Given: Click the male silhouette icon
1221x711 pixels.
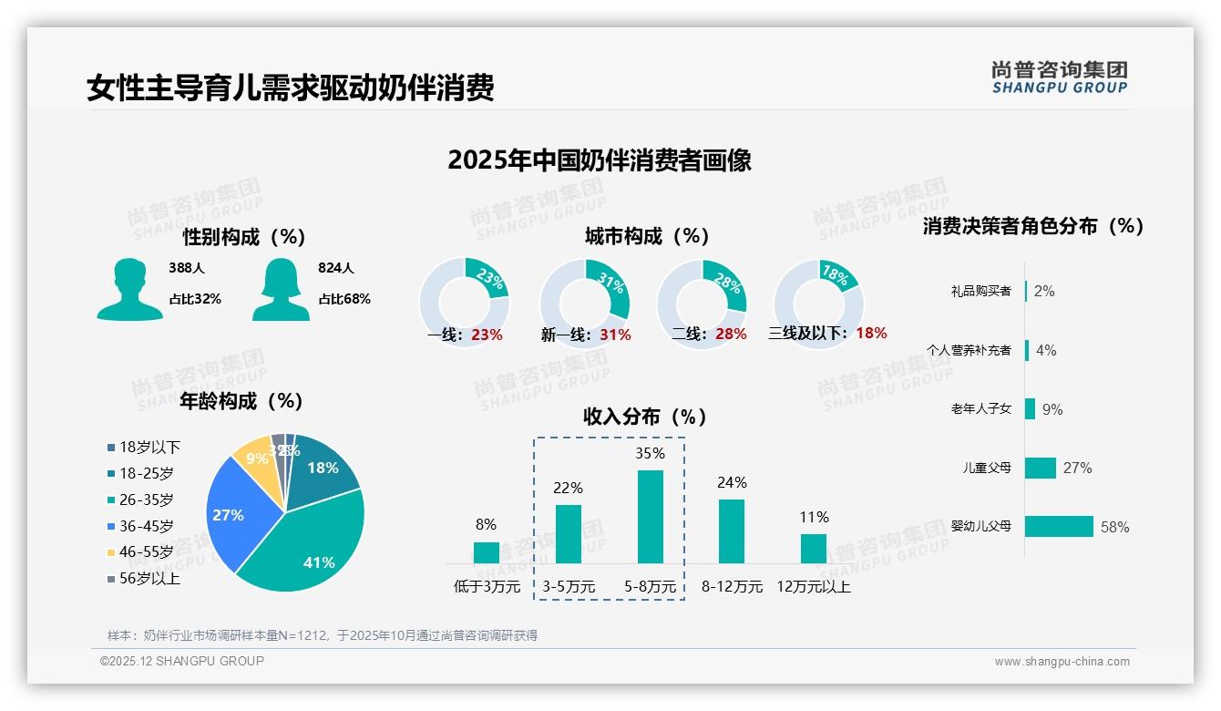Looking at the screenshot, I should [x=129, y=290].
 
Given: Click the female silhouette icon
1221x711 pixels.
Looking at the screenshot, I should [x=281, y=290].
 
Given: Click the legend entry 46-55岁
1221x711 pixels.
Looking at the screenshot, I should [x=146, y=552].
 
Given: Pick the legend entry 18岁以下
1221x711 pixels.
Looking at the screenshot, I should [x=149, y=448].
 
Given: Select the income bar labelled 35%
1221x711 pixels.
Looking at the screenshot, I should [x=650, y=517].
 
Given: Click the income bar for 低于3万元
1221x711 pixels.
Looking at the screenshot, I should [x=487, y=552].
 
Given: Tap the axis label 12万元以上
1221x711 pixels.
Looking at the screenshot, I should [x=813, y=587].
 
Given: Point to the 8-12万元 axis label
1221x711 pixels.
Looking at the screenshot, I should [x=732, y=587].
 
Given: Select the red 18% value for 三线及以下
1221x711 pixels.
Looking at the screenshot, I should [x=871, y=334].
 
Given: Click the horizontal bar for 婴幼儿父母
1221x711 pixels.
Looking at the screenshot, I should [x=1059, y=527].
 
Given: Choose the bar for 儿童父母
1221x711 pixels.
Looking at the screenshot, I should [x=1041, y=468].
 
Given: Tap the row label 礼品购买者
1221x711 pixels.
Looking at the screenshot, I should [x=980, y=292].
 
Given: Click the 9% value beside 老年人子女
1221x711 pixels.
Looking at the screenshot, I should [x=1052, y=410].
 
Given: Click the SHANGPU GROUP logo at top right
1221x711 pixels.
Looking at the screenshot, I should [x=1059, y=77].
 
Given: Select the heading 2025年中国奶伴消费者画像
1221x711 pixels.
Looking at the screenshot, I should [x=599, y=161].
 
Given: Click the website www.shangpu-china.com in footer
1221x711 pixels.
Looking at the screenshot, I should [x=1062, y=662].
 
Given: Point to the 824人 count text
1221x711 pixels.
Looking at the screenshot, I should [x=335, y=269].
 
